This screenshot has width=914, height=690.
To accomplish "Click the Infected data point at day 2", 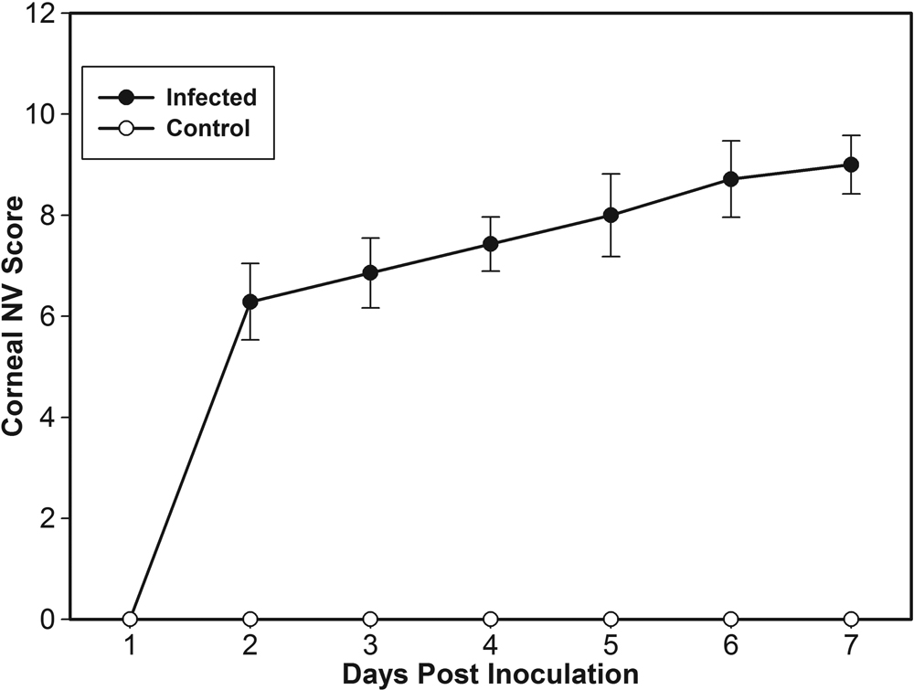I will tap(250, 302).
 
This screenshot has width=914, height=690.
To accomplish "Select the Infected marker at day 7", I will tap(851, 165).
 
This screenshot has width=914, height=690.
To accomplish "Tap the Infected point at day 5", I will tap(611, 216).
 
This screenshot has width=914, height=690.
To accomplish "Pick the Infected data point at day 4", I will tap(491, 244).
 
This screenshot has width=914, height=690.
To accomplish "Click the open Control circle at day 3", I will tap(370, 619).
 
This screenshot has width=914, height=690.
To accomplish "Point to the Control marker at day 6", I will tap(731, 619).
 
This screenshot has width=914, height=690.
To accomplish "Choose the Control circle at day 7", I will tap(851, 619).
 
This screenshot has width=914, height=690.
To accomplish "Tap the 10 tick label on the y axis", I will tap(48, 114).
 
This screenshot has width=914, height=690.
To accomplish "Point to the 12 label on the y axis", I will tap(48, 14).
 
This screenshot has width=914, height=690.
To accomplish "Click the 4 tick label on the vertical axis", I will tap(53, 418).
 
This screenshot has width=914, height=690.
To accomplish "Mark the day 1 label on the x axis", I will tap(130, 646).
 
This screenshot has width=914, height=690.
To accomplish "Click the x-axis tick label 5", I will tap(611, 646).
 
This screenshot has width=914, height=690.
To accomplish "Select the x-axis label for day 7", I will tap(851, 646).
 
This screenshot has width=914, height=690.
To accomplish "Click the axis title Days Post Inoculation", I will tap(489, 674).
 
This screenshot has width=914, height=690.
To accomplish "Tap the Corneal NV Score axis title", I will tap(16, 315).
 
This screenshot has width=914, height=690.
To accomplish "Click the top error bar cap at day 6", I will tap(731, 141).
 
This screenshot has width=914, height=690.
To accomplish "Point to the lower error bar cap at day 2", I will tap(250, 340).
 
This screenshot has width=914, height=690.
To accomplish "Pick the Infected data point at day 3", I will tap(370, 272).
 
